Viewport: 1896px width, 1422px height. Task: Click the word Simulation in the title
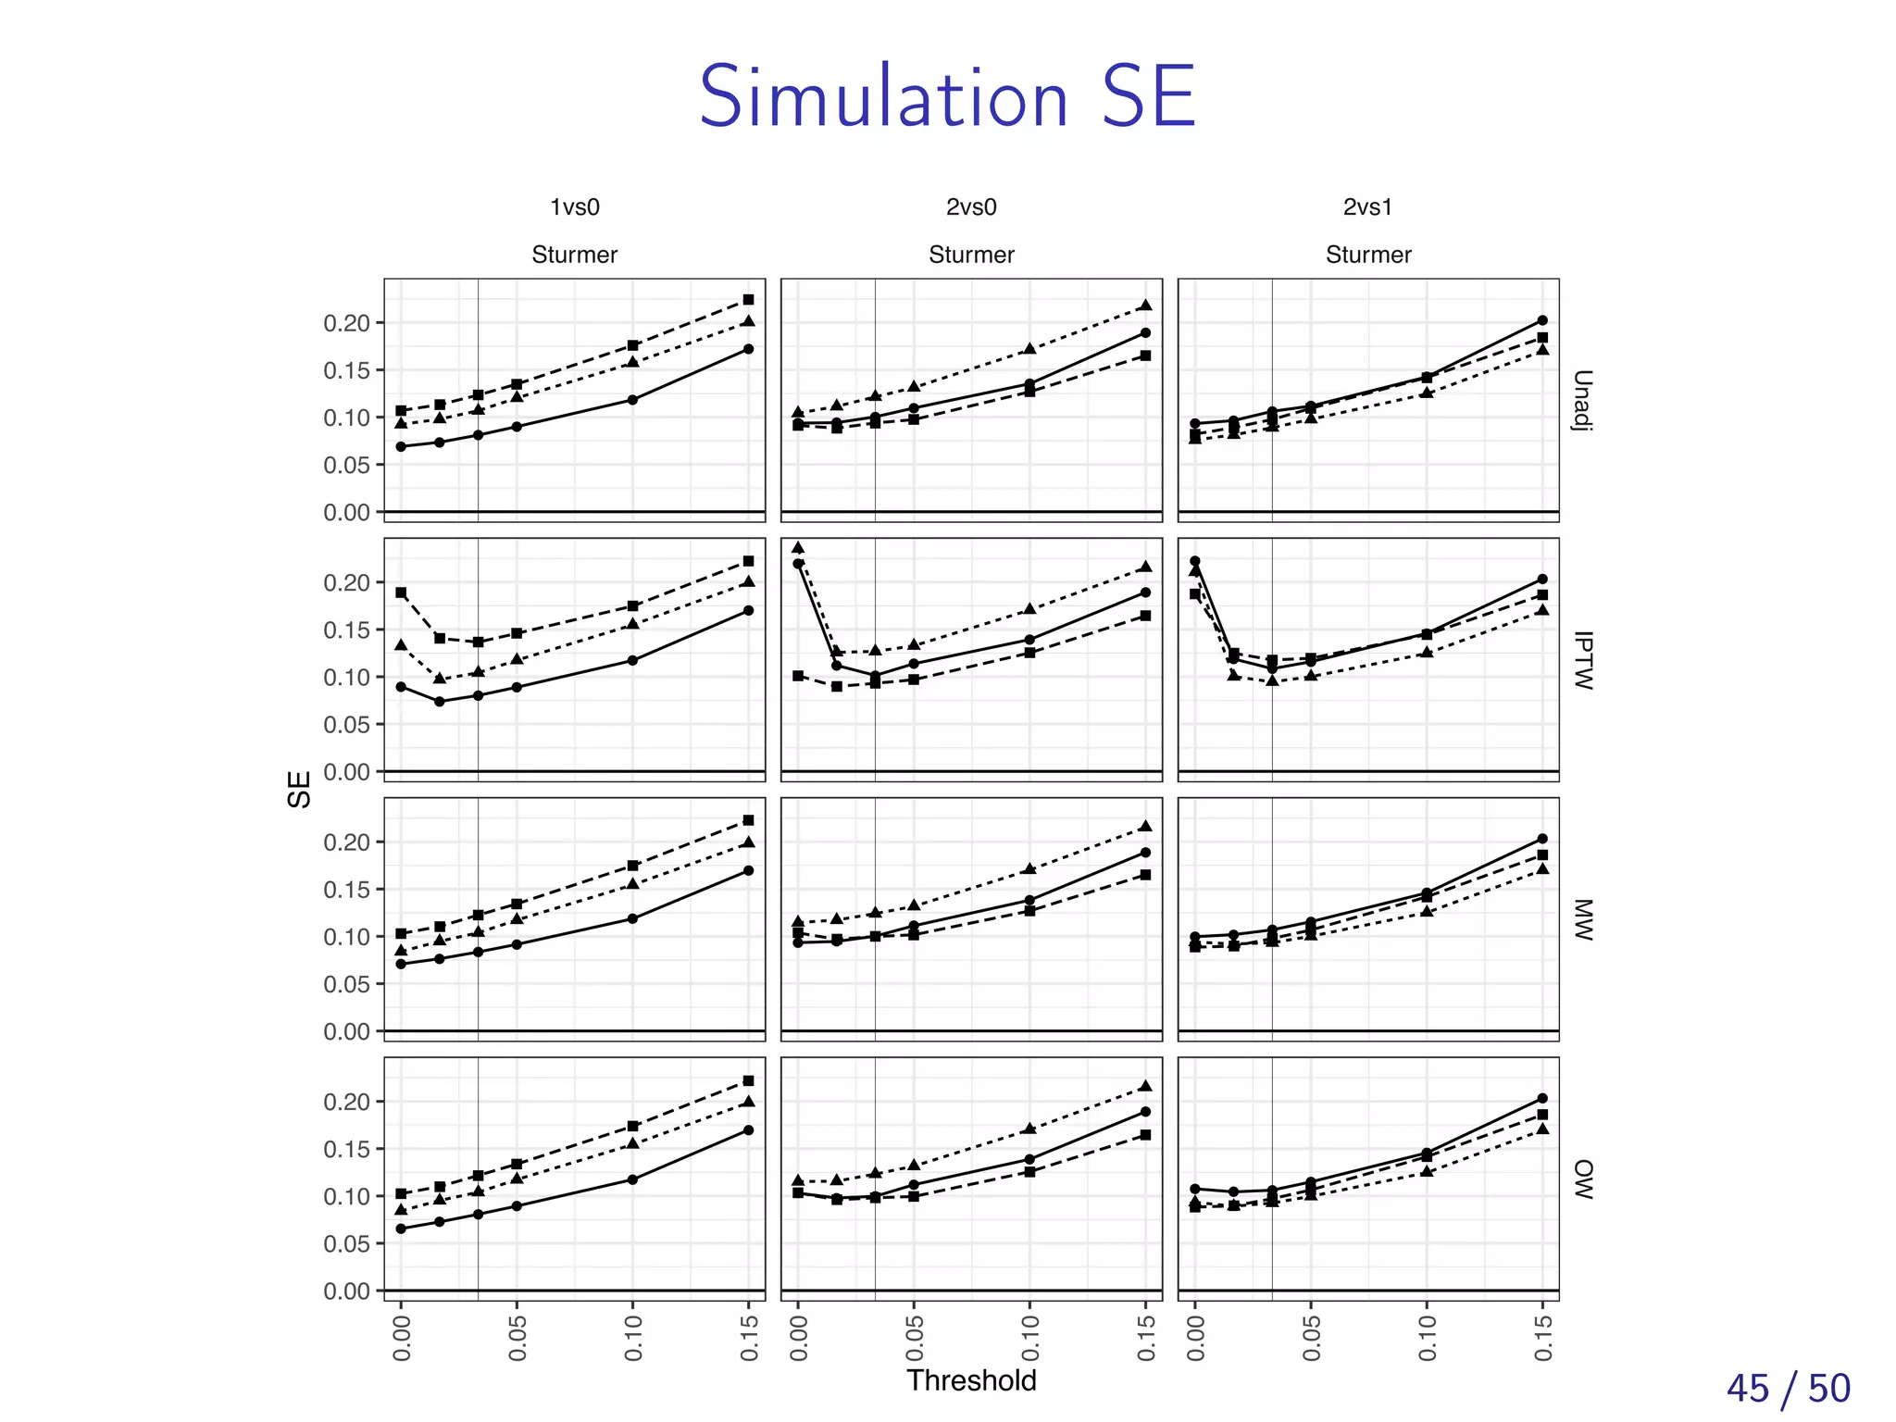pyautogui.click(x=884, y=97)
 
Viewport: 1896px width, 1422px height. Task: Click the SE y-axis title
pyautogui.click(x=299, y=790)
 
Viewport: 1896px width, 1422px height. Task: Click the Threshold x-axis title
pyautogui.click(x=971, y=1379)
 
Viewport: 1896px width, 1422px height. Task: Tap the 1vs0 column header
pyautogui.click(x=575, y=207)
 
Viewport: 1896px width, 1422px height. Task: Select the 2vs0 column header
pyautogui.click(x=971, y=207)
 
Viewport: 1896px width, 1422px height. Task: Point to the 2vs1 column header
pyautogui.click(x=1367, y=207)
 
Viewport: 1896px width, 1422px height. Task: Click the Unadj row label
pyautogui.click(x=1582, y=400)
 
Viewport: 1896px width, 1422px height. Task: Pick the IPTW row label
pyautogui.click(x=1582, y=660)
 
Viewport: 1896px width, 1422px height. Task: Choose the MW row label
pyautogui.click(x=1582, y=919)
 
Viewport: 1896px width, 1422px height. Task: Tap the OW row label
pyautogui.click(x=1582, y=1179)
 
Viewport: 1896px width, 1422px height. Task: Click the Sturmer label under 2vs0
pyautogui.click(x=971, y=255)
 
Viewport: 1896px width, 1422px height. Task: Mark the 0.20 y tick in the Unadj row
pyautogui.click(x=346, y=323)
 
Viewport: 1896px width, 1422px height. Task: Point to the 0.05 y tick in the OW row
pyautogui.click(x=346, y=1243)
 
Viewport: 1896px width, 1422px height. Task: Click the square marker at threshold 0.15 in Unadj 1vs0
pyautogui.click(x=748, y=300)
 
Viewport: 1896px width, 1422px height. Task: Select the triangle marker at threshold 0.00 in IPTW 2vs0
pyautogui.click(x=798, y=547)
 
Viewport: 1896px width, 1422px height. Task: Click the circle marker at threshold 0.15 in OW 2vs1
pyautogui.click(x=1542, y=1099)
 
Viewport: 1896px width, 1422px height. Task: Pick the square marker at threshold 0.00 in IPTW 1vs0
pyautogui.click(x=401, y=592)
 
